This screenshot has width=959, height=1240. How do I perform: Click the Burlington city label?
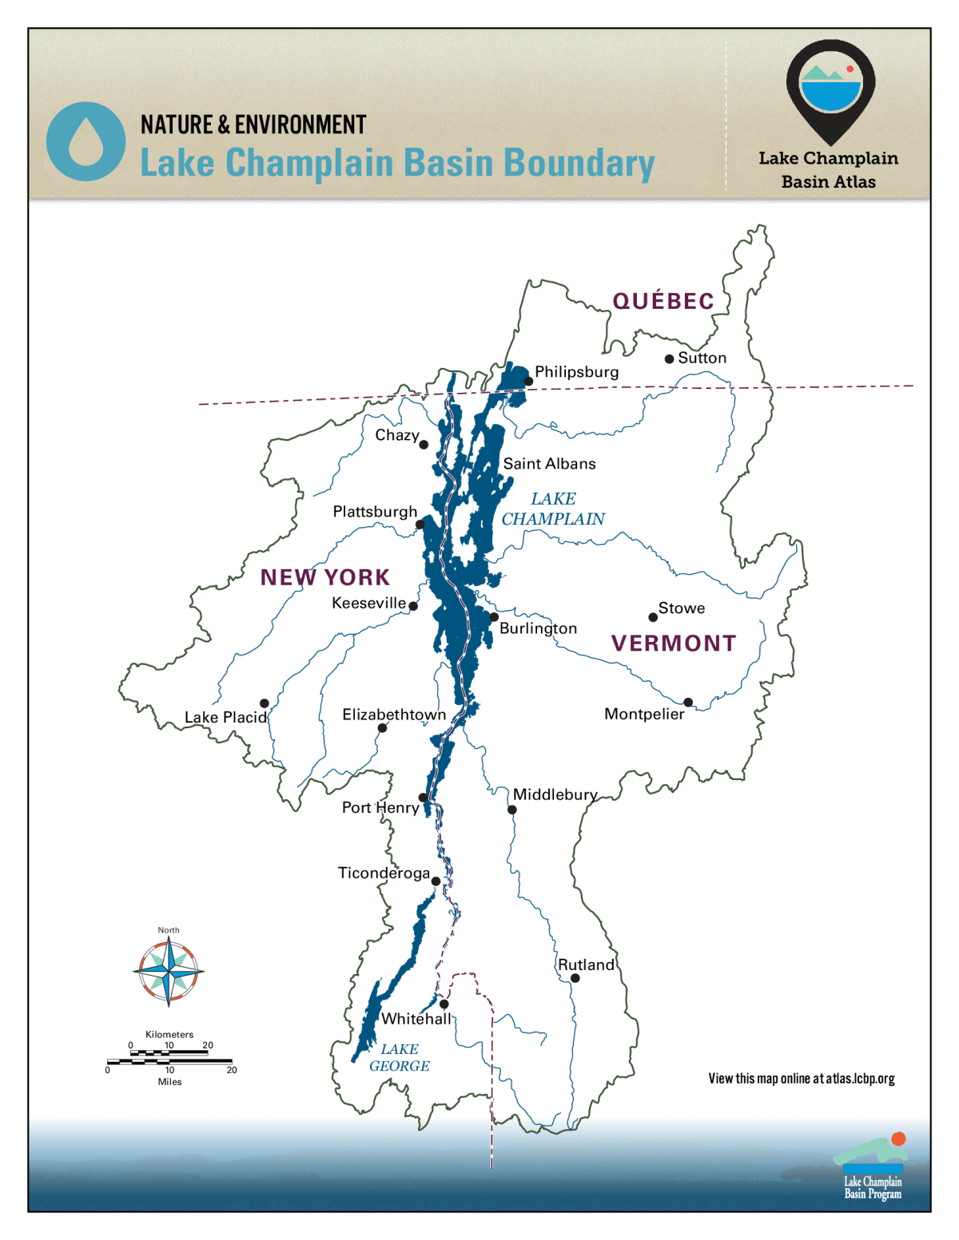[x=538, y=628]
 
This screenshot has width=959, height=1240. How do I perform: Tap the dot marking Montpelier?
[x=688, y=703]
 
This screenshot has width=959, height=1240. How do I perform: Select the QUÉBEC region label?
[x=663, y=301]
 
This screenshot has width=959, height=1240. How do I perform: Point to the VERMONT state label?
[x=674, y=643]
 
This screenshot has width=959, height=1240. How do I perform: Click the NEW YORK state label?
[x=324, y=577]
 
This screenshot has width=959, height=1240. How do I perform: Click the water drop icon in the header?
[x=86, y=141]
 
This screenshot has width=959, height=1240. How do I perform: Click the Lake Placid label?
[x=225, y=717]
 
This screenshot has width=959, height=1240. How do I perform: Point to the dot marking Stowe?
[x=653, y=617]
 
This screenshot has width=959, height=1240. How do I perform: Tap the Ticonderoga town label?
[x=384, y=873]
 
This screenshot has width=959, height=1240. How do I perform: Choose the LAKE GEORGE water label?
[x=400, y=1057]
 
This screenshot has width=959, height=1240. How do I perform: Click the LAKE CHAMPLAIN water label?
[x=553, y=509]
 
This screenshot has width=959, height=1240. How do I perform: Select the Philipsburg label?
[x=576, y=372]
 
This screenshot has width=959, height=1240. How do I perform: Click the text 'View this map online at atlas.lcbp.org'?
[x=801, y=1079]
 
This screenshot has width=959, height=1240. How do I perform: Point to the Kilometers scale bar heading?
[x=169, y=1035]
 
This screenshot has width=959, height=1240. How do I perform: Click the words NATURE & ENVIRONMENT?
[x=253, y=125]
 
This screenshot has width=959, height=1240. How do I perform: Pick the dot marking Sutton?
[x=669, y=359]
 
